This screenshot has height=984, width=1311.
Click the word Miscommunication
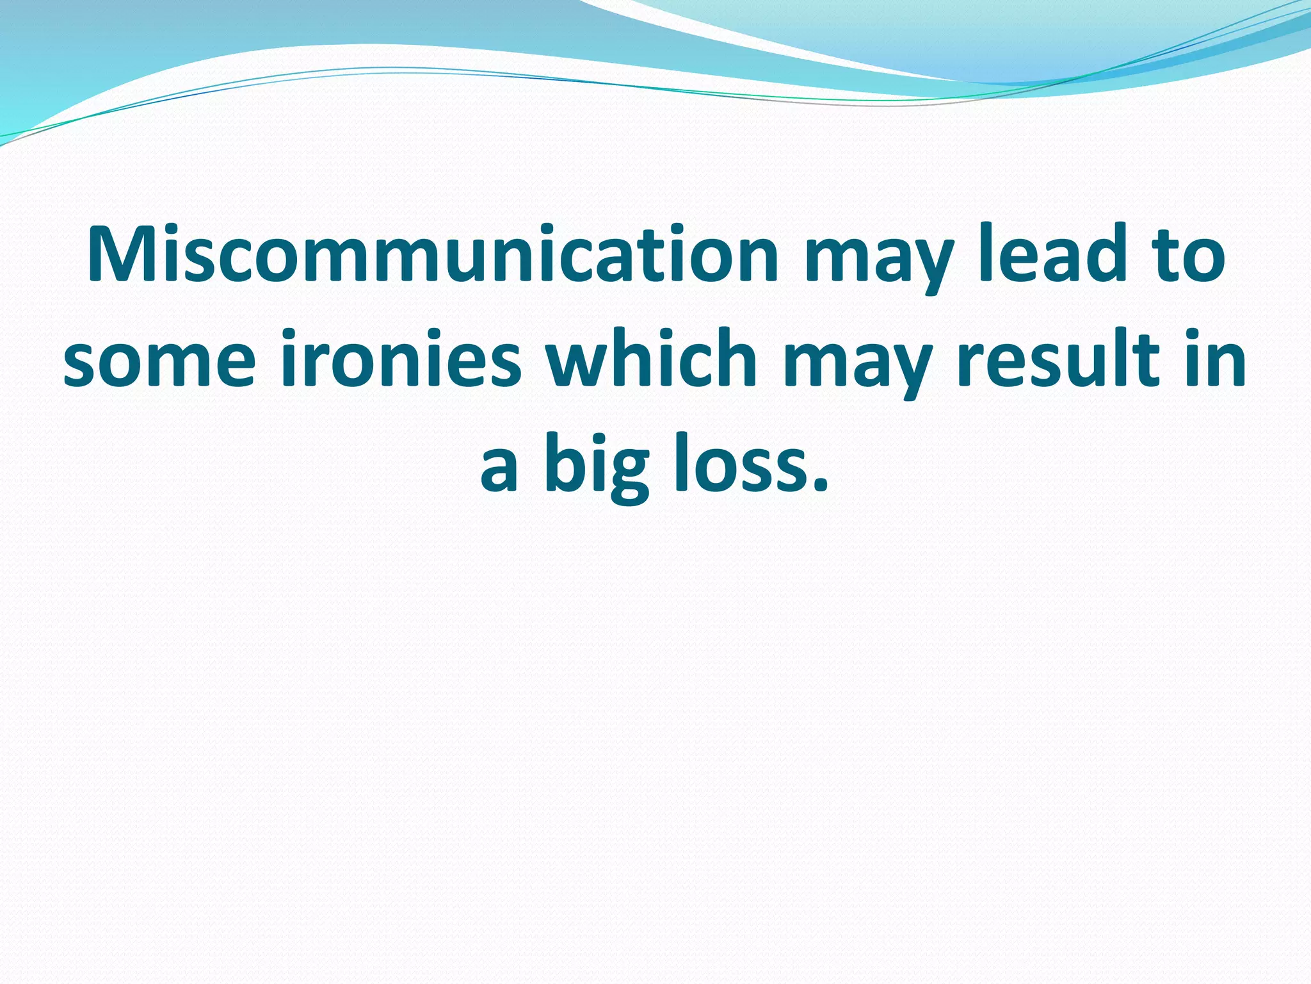click(433, 254)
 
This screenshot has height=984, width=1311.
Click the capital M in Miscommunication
click(125, 254)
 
